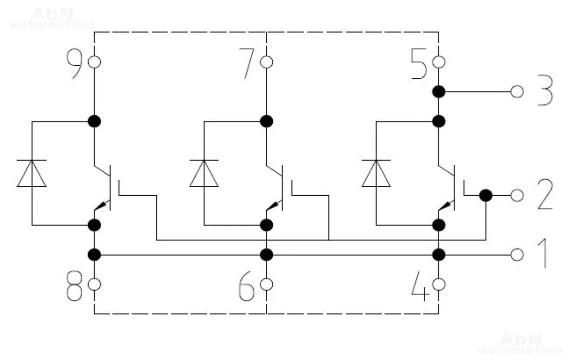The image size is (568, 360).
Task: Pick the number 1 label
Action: [543, 255]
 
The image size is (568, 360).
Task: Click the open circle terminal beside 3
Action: [516, 92]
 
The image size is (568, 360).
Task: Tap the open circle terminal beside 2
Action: [516, 196]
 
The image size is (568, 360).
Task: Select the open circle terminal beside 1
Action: [516, 255]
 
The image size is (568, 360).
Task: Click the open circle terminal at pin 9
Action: [95, 61]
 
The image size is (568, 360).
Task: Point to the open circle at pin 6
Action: [266, 284]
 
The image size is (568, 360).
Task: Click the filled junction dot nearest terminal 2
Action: [486, 196]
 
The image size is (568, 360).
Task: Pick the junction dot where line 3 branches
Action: [438, 92]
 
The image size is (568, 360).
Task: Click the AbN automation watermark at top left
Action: [51, 19]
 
